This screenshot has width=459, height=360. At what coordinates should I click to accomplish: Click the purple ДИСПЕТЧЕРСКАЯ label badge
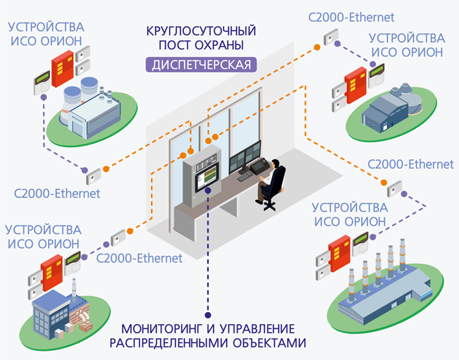tap(200, 66)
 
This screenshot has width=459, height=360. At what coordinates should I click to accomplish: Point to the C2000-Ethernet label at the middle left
tap(57, 192)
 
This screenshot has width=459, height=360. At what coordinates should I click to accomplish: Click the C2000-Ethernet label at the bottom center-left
tap(138, 258)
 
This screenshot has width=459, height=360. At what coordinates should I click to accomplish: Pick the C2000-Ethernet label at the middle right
tap(411, 164)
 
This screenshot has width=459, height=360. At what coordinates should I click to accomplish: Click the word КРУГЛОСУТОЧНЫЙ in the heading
tap(200, 31)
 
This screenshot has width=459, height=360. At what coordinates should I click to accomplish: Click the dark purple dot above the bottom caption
tap(208, 316)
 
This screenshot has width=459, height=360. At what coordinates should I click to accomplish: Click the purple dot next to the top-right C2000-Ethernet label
tap(337, 43)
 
